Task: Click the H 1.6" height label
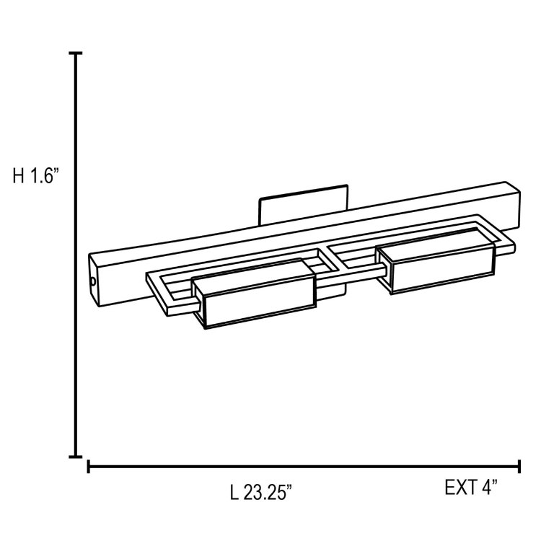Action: click(35, 176)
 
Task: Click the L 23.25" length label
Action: click(260, 493)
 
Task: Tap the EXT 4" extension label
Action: click(471, 488)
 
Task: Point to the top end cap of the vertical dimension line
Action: click(75, 54)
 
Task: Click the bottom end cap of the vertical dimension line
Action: click(75, 456)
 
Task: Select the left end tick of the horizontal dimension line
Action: click(88, 467)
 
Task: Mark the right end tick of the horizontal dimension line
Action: click(519, 467)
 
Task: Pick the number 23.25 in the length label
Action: click(267, 493)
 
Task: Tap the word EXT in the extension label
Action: click(459, 488)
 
